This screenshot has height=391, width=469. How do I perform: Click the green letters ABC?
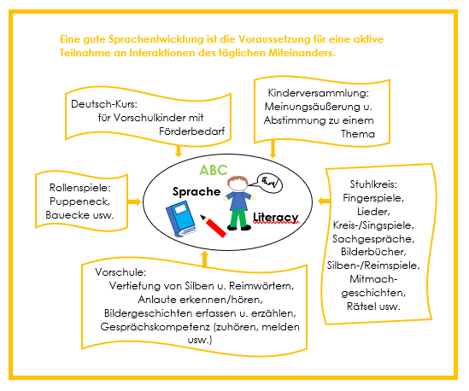(214, 170)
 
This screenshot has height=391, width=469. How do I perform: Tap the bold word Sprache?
(196, 191)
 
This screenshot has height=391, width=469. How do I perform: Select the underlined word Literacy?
(275, 218)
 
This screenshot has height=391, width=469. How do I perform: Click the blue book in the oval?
(180, 219)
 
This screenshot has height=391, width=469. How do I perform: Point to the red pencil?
(213, 225)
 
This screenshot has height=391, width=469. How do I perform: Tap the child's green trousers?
(239, 219)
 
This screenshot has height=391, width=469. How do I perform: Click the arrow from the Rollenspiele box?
(134, 201)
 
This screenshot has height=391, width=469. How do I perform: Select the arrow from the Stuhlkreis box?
(324, 201)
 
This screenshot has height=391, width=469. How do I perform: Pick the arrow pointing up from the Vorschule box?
(205, 259)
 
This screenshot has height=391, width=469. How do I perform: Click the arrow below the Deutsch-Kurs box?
(179, 150)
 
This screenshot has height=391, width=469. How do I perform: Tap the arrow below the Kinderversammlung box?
(273, 149)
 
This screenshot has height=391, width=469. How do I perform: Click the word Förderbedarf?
(191, 131)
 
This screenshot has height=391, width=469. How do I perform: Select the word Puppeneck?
(79, 201)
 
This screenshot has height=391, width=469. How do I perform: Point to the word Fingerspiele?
(373, 198)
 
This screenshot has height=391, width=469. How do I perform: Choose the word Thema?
(358, 134)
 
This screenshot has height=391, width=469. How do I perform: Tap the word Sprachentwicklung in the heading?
(155, 39)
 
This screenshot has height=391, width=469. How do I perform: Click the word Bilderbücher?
(373, 252)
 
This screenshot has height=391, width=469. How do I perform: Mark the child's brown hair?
(237, 180)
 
